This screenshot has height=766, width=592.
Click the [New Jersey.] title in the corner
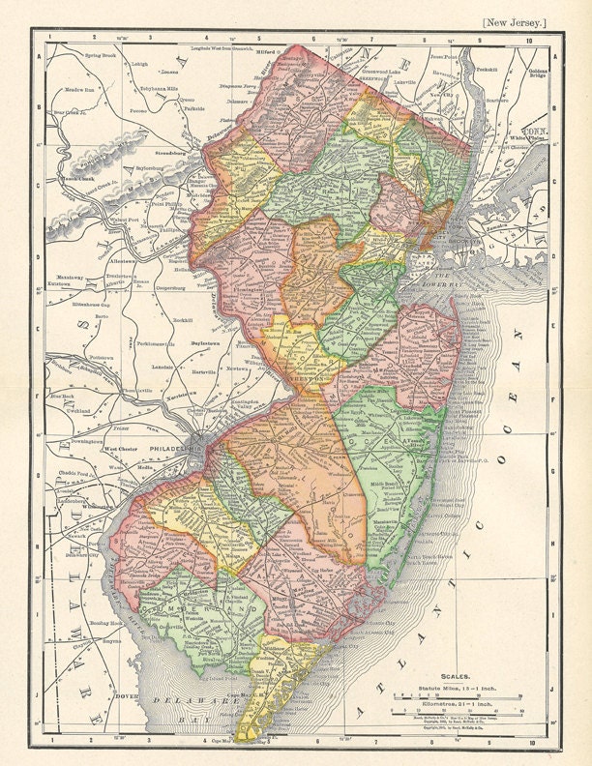tap(516, 20)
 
